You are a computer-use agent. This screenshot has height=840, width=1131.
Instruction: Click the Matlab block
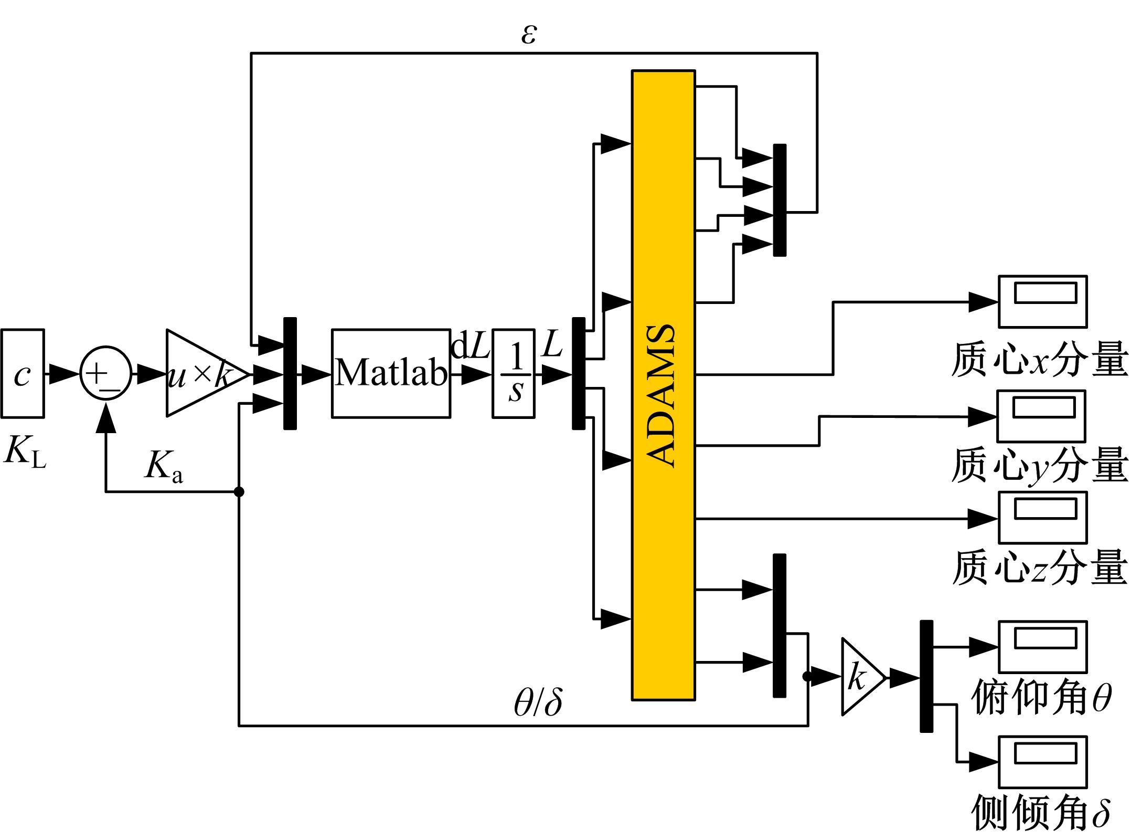[x=391, y=373]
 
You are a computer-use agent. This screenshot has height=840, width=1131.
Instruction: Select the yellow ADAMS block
[x=664, y=385]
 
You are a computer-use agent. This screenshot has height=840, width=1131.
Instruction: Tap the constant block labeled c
[x=23, y=373]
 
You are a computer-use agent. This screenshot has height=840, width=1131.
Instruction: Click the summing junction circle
[x=106, y=373]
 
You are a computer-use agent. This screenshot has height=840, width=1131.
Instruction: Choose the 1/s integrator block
[x=514, y=373]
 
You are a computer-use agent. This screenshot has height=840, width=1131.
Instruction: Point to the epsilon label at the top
[x=529, y=35]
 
